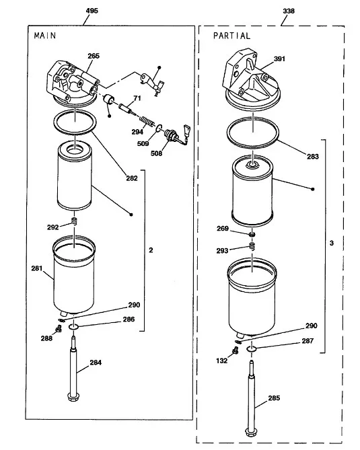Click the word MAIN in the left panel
click(45, 35)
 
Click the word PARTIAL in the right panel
click(231, 36)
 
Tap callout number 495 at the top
click(92, 11)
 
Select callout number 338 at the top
click(289, 11)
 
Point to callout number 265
click(94, 56)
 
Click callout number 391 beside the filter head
click(279, 59)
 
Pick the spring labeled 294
click(146, 120)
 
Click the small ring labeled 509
click(159, 128)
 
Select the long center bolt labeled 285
click(250, 398)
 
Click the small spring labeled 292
click(74, 221)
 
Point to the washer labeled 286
click(74, 326)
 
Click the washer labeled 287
click(252, 348)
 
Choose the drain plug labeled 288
click(59, 329)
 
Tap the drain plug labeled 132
click(235, 350)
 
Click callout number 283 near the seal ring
click(313, 157)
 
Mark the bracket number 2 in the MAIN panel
click(151, 250)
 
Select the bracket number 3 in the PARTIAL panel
click(332, 243)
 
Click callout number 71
click(137, 98)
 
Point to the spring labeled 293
click(252, 246)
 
